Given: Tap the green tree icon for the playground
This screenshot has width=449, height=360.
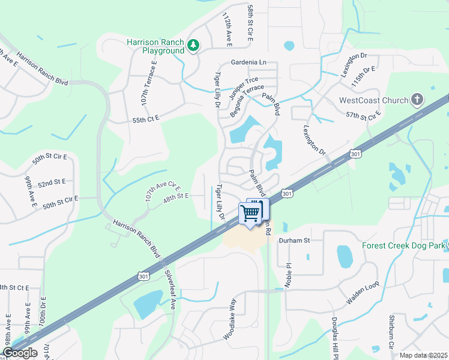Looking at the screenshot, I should tap(193, 46).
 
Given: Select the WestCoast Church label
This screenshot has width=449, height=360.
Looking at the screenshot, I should tap(374, 100).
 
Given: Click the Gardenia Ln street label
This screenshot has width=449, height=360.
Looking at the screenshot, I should tap(249, 62).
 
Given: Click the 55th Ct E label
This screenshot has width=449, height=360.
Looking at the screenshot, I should tap(146, 120).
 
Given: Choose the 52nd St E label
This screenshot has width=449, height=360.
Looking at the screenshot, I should tap(52, 181).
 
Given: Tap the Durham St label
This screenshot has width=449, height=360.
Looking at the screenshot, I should tap(294, 240).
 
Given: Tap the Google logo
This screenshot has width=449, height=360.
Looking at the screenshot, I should tap(20, 353).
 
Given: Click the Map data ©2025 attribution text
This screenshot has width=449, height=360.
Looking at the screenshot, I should tap(424, 355).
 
